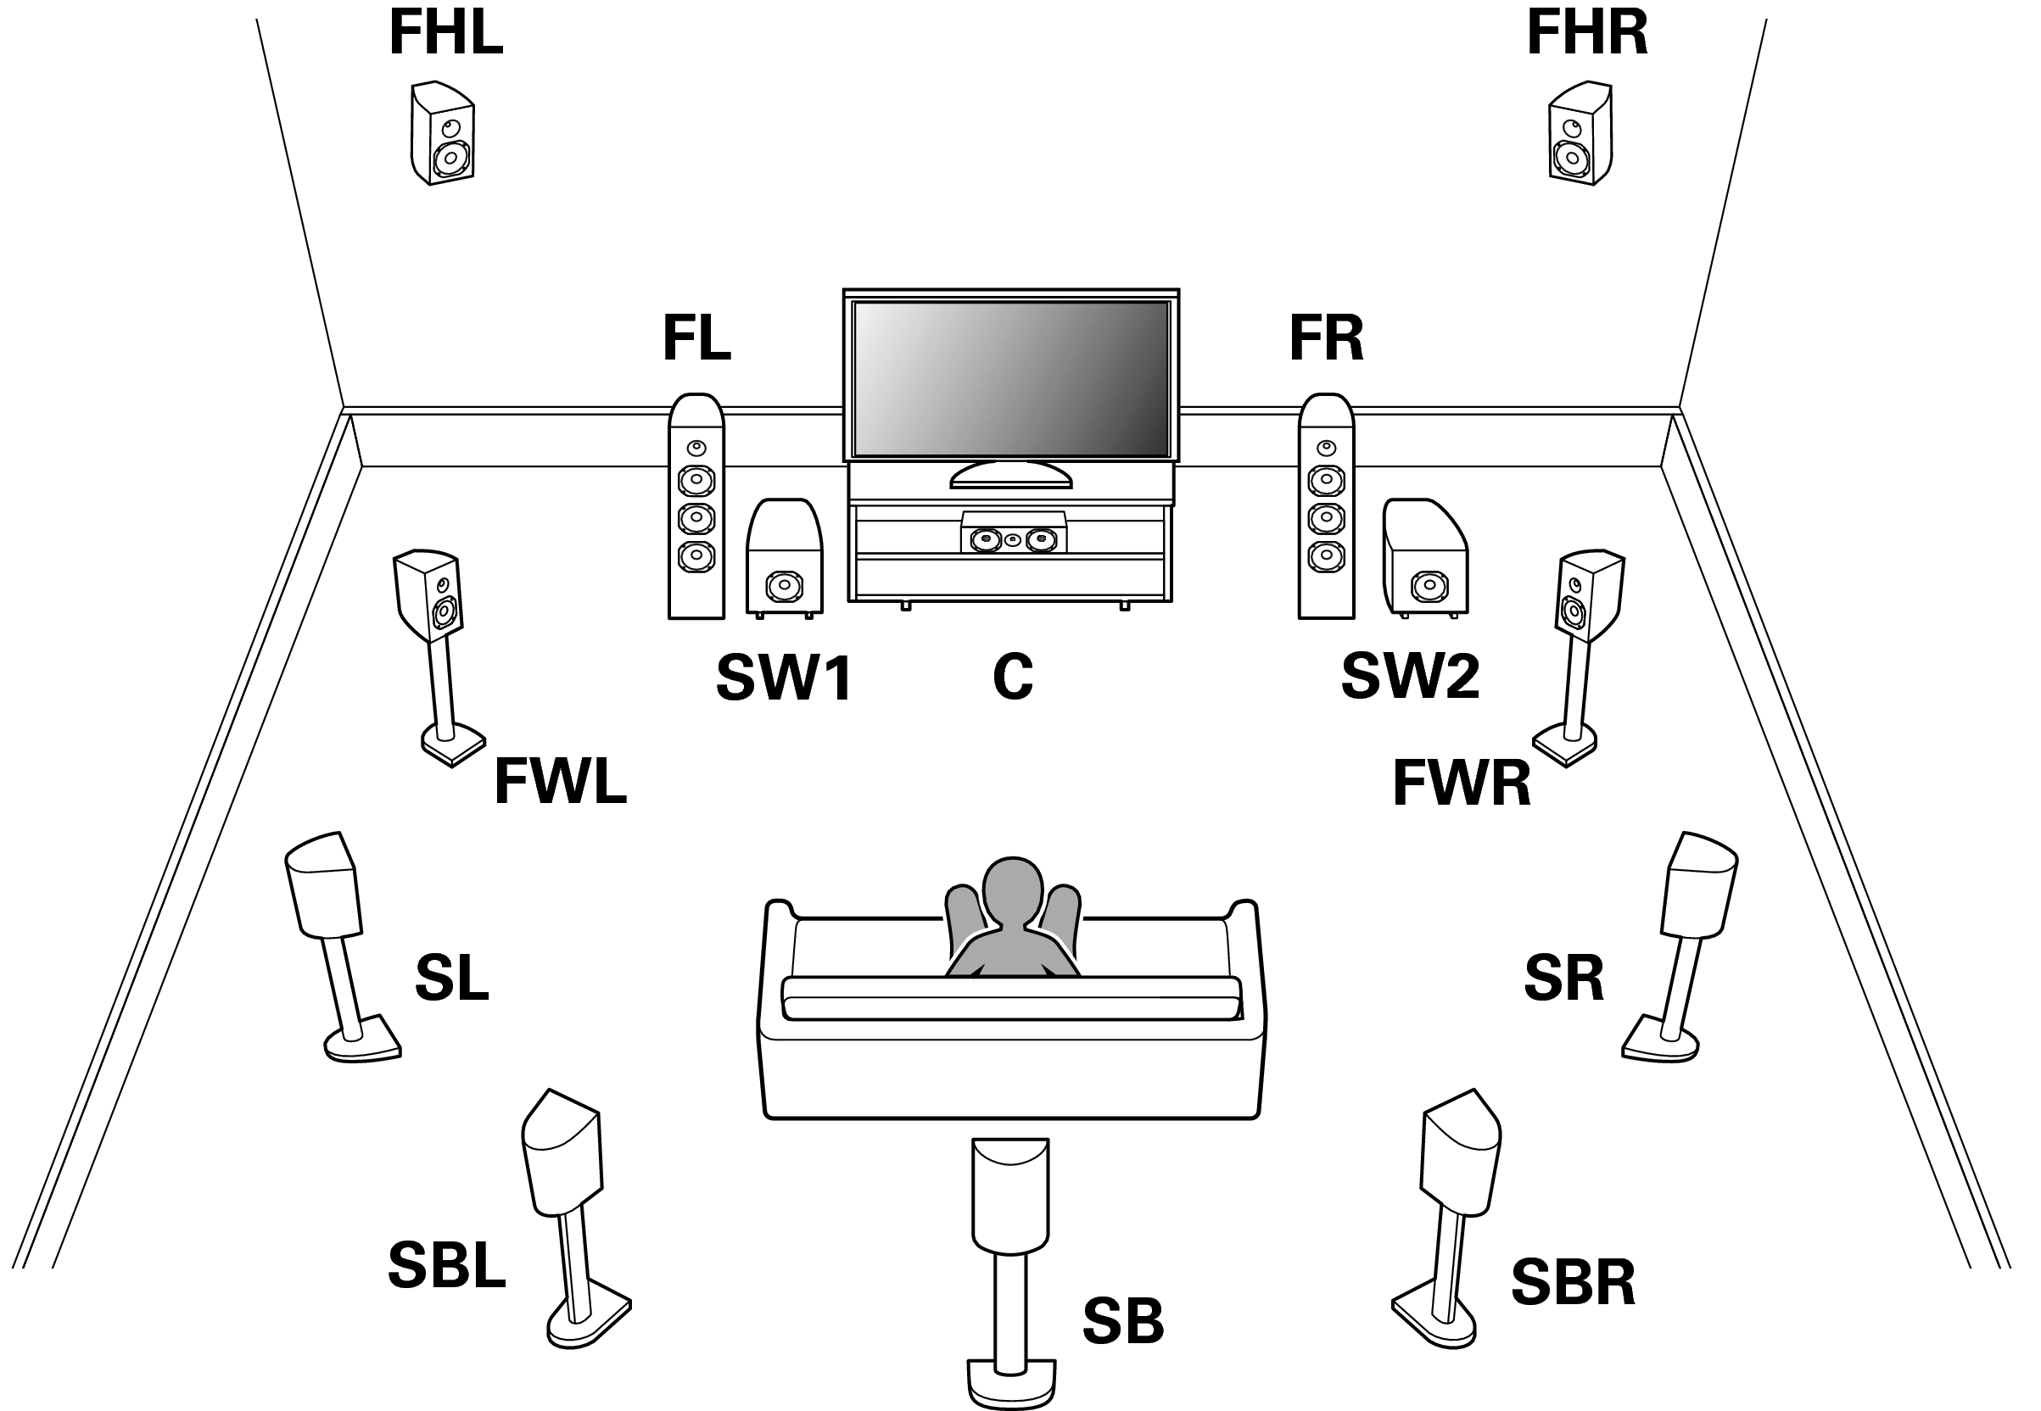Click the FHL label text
445,33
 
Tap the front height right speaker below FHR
1580,134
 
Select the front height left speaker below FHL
442,134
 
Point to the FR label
1326,337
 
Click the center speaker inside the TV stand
1013,535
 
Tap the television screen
1011,378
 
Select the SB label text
1123,1321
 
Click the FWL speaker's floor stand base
452,744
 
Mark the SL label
451,978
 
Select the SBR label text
1572,1282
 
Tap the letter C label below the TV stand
1013,678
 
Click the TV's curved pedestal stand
1011,476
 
